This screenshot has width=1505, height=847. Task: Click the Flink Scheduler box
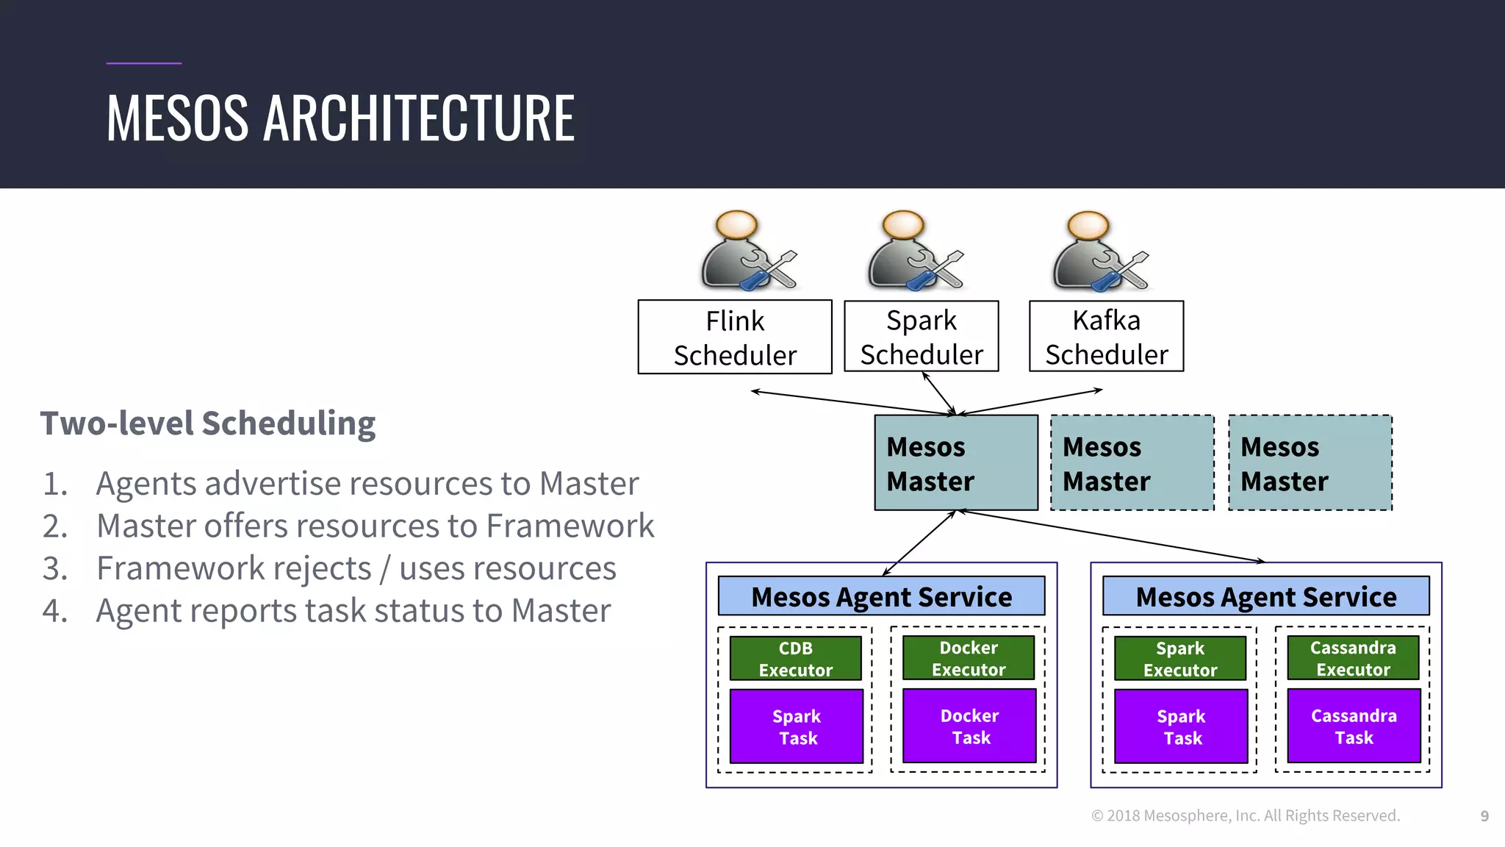[735, 337]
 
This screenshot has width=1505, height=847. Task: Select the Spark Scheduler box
[922, 337]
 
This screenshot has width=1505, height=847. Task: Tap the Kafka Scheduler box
[1107, 337]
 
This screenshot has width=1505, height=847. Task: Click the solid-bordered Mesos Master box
[956, 463]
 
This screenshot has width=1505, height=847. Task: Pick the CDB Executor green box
[796, 659]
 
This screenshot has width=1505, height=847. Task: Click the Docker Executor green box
[969, 659]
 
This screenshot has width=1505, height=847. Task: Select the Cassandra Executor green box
[1353, 659]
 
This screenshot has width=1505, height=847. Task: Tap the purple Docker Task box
[969, 726]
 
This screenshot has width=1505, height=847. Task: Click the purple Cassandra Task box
[1354, 726]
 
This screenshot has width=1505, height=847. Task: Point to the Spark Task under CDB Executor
[797, 726]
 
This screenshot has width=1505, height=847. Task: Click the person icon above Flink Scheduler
[747, 251]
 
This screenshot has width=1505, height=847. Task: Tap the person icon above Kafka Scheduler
[1098, 251]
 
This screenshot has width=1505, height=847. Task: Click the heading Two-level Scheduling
[208, 424]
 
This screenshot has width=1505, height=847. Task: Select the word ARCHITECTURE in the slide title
[419, 118]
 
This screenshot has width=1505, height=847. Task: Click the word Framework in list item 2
[570, 526]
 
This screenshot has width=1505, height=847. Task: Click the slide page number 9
[1484, 816]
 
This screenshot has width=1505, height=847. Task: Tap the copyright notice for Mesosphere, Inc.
[1246, 816]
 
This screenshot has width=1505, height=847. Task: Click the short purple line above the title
[144, 63]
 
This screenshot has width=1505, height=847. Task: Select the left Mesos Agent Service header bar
[881, 596]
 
